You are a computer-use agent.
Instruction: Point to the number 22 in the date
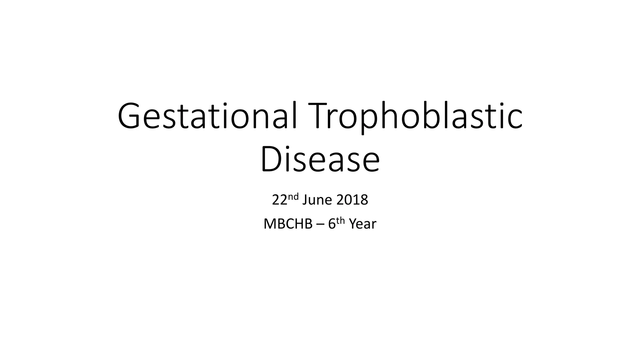pos(279,200)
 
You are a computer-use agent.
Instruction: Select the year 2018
pos(352,200)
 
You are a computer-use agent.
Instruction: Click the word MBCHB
pos(288,224)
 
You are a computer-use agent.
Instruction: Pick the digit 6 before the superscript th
pos(332,224)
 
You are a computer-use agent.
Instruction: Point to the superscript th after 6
pos(340,220)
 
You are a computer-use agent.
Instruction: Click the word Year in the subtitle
pos(362,224)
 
